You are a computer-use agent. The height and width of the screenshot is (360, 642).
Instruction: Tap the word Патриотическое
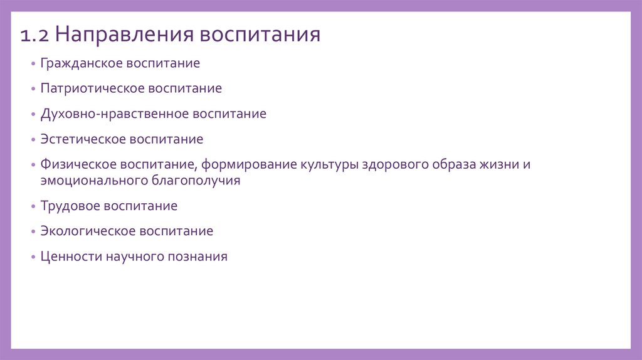coord(92,88)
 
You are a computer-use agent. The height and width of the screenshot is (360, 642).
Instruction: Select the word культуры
coord(326,165)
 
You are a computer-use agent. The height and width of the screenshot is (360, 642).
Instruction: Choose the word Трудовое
coord(70,206)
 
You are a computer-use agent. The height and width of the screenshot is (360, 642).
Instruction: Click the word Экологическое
coord(87,231)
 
